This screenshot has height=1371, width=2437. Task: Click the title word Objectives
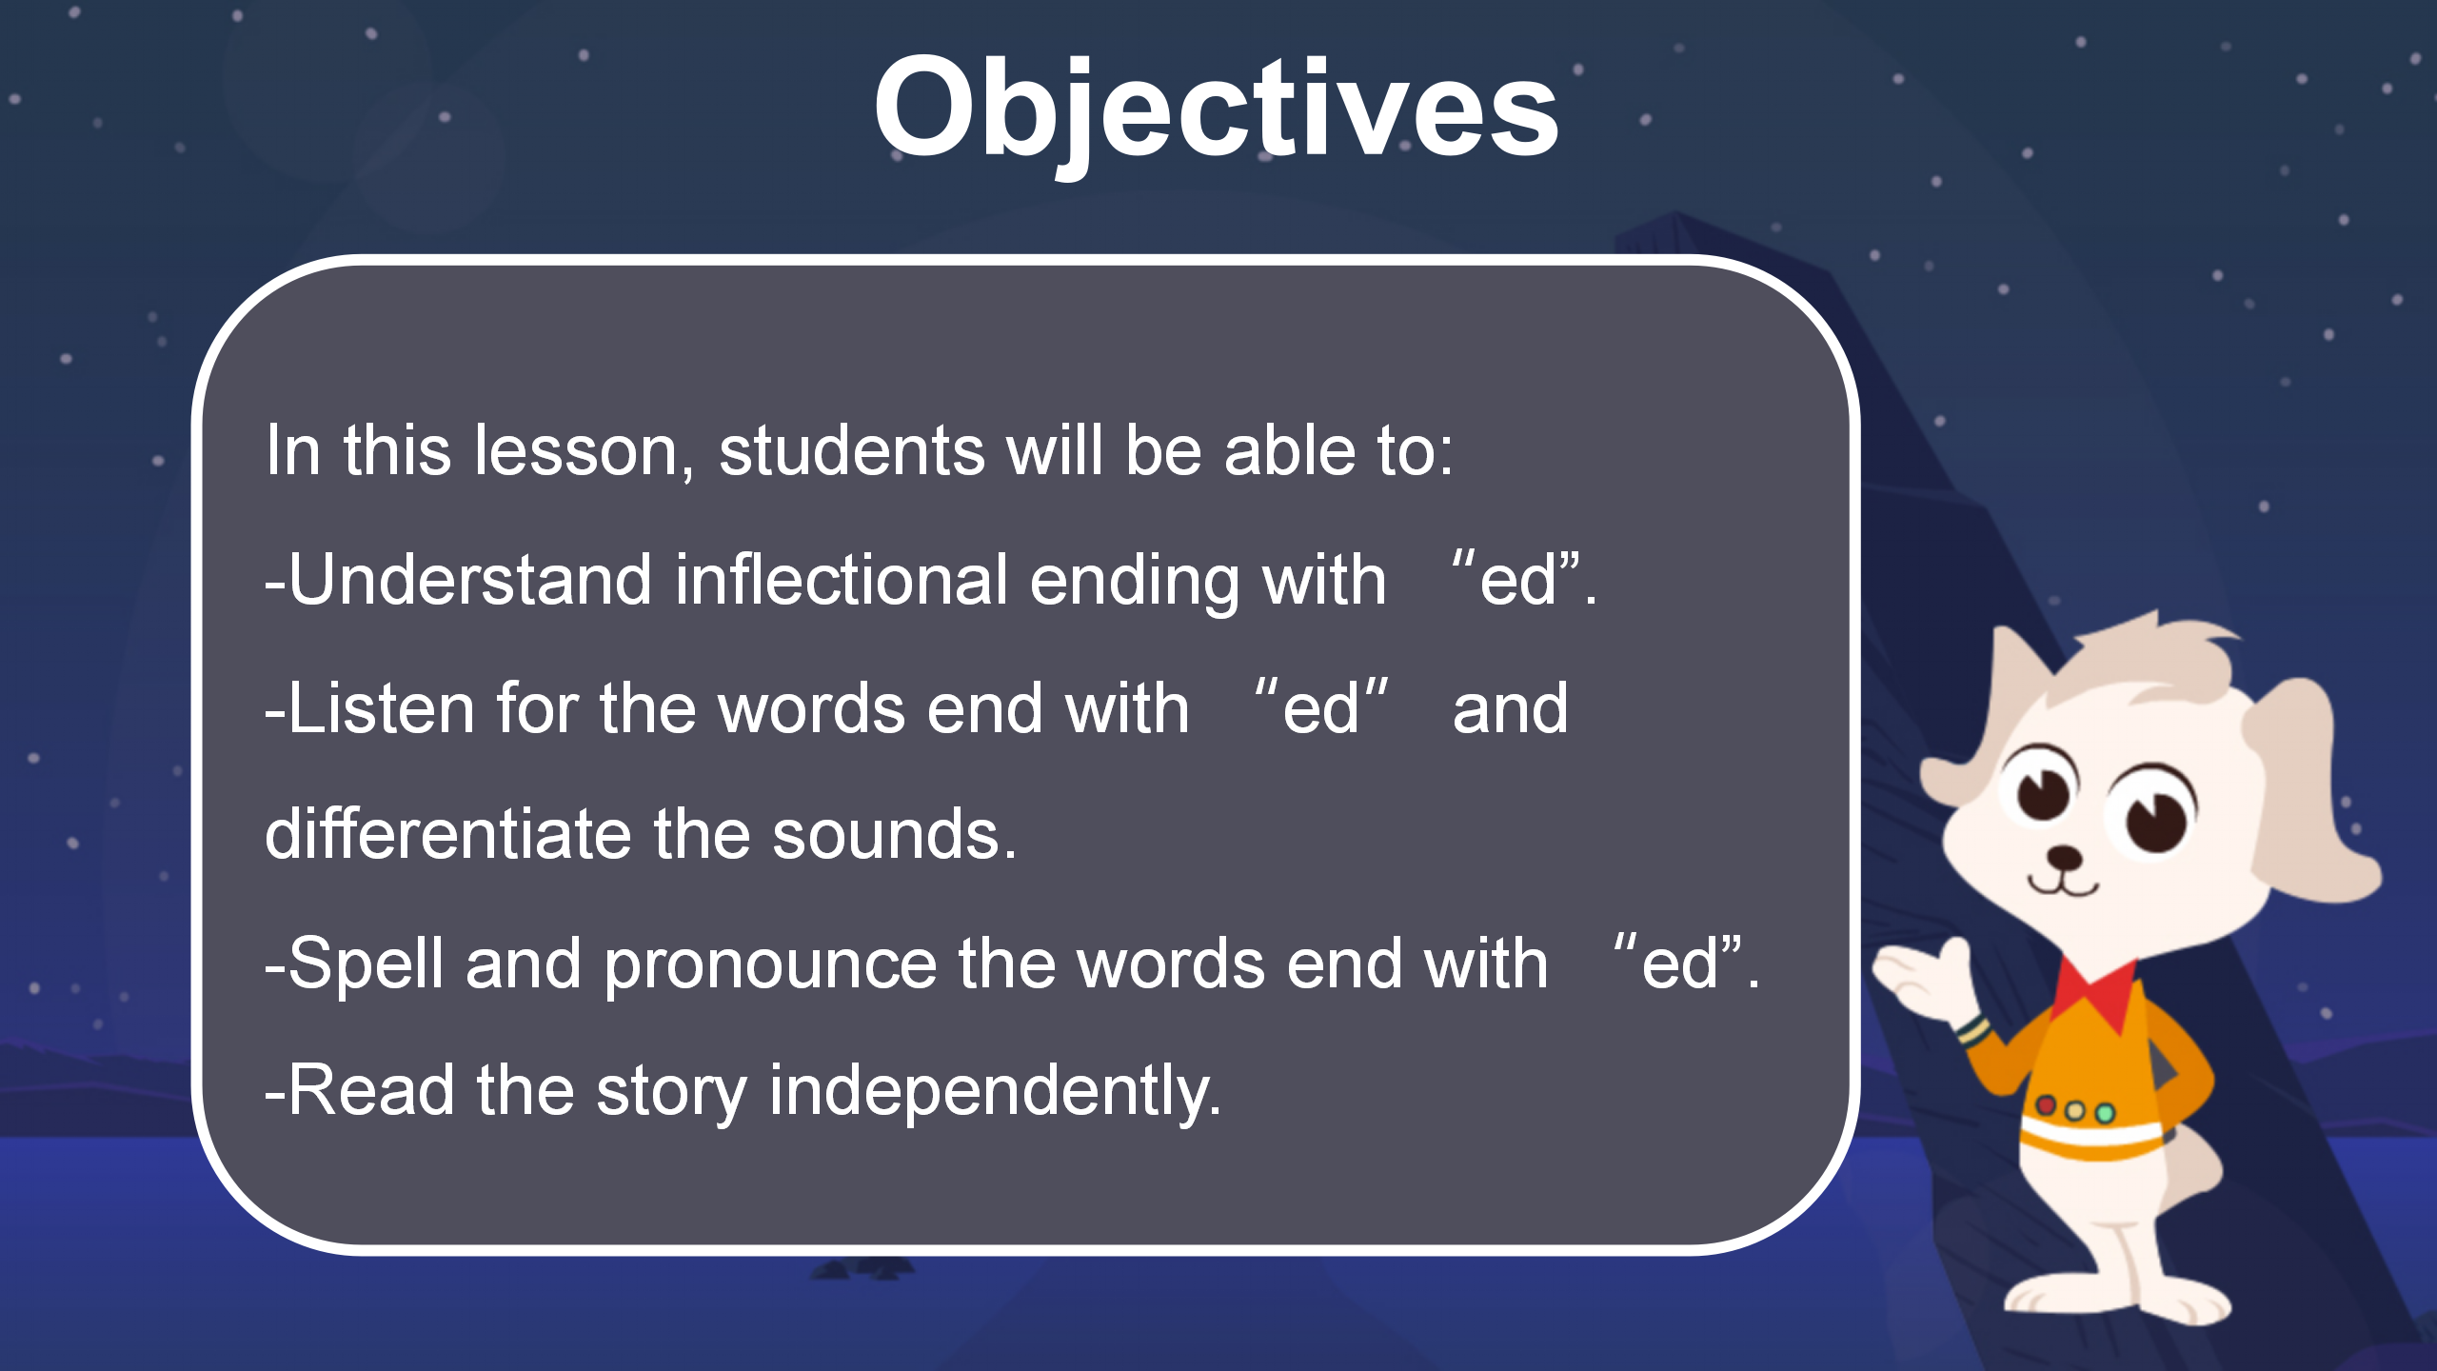coord(1216,109)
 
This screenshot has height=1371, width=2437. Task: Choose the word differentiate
coord(448,834)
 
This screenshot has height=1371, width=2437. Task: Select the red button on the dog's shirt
coord(2046,1105)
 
